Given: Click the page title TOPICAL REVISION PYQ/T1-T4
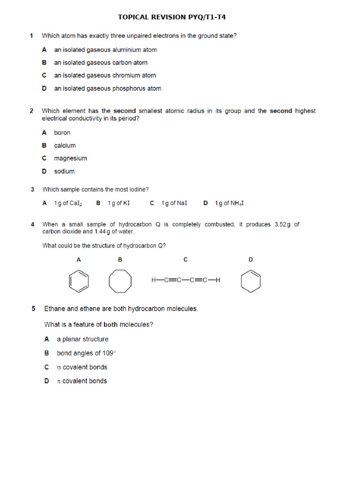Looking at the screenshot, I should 174,17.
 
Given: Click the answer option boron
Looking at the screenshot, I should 62,133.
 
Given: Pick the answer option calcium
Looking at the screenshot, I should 65,145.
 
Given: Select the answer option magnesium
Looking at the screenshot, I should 70,158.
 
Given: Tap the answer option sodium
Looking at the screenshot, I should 64,172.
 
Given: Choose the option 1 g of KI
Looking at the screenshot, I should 119,203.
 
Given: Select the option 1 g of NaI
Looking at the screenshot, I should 174,203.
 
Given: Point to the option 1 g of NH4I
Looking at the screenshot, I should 229,203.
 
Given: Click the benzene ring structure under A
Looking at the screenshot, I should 78,281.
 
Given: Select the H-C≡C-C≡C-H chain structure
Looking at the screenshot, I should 186,280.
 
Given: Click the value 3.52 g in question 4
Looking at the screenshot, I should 282,225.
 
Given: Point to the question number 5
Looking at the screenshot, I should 33,308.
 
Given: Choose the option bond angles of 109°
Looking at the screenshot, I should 82,353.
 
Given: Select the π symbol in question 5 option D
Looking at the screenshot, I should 59,381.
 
